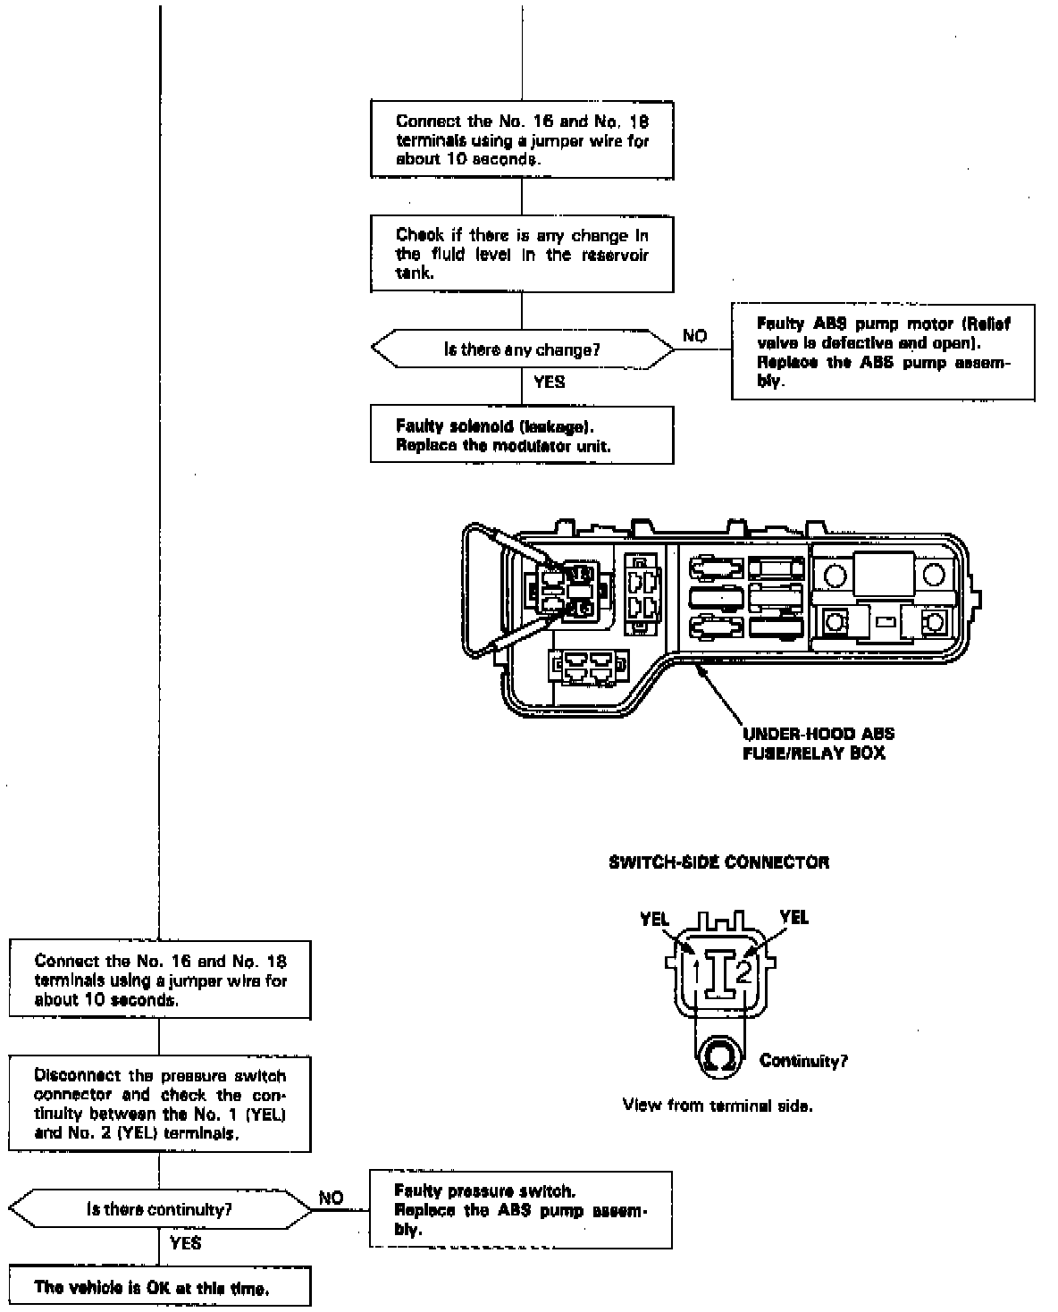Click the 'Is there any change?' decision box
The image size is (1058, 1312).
click(x=522, y=349)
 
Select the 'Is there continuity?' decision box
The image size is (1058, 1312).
click(x=159, y=1210)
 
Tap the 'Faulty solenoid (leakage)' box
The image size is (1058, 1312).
click(x=522, y=435)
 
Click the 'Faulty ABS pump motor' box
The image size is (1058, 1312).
click(x=883, y=352)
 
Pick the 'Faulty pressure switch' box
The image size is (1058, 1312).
click(x=520, y=1210)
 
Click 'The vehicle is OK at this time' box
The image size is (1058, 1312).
click(x=159, y=1287)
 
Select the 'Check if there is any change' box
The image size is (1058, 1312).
click(x=522, y=255)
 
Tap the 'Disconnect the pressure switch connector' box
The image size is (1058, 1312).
click(x=159, y=1105)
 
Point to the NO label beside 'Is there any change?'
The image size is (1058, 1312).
click(x=694, y=336)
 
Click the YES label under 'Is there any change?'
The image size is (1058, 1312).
click(x=549, y=382)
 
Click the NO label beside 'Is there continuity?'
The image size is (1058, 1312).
click(x=331, y=1198)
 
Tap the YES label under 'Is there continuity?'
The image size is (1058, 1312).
click(x=185, y=1243)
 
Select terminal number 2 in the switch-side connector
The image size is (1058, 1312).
click(x=744, y=971)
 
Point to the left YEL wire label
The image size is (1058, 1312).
click(x=655, y=919)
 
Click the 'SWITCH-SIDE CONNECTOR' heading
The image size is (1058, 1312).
click(x=718, y=862)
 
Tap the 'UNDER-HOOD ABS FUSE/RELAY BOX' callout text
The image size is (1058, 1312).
click(x=818, y=744)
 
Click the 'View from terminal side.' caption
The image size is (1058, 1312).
click(x=718, y=1106)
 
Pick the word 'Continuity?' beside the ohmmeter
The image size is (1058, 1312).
click(x=803, y=1061)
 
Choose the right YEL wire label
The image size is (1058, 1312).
click(x=793, y=917)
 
